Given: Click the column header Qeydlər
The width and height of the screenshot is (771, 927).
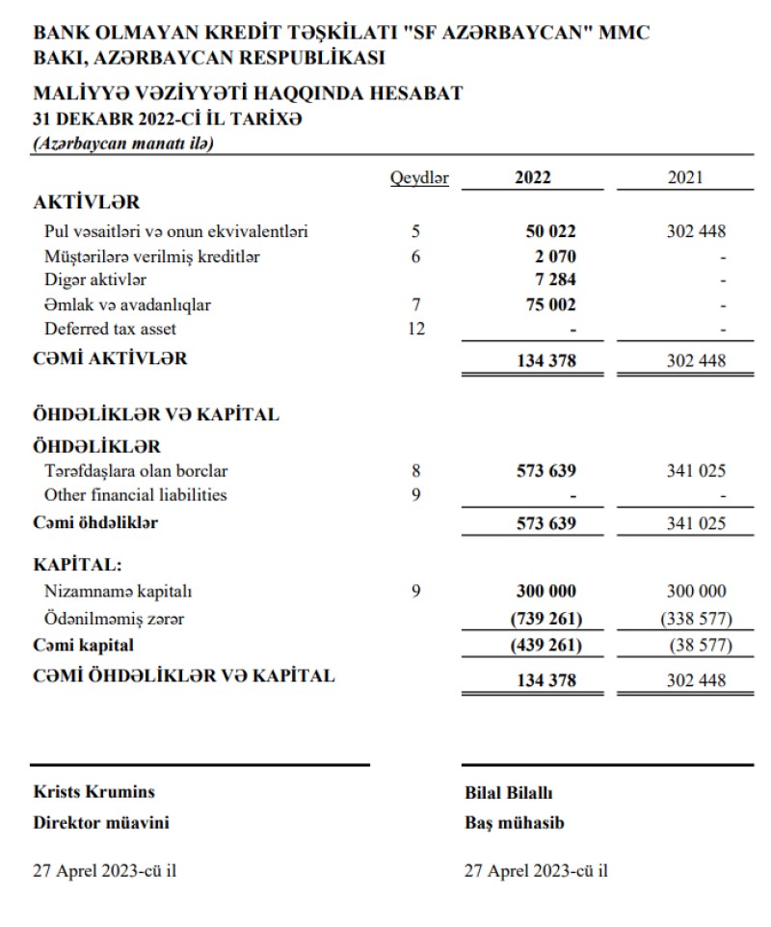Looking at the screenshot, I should click(419, 177).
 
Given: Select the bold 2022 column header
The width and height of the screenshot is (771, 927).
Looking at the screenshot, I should click(533, 177).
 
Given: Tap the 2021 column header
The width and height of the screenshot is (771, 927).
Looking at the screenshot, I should click(684, 177).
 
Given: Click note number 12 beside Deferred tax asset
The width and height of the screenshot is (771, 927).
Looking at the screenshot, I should click(415, 329).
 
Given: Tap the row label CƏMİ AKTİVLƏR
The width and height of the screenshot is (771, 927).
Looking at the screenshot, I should click(110, 359).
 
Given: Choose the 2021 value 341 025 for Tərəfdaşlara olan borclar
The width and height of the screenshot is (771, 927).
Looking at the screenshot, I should click(696, 471).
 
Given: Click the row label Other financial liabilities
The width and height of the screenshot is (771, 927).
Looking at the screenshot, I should click(136, 495).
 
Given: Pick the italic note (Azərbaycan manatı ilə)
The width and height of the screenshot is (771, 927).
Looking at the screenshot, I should click(123, 144).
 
